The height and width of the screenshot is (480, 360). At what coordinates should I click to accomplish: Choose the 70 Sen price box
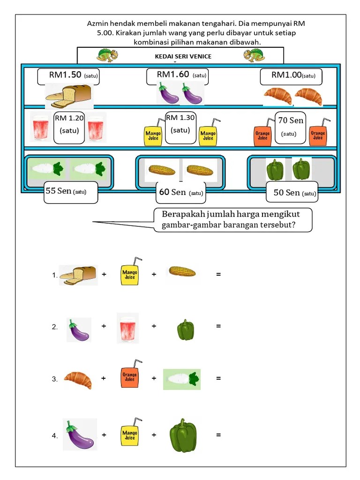[290, 127]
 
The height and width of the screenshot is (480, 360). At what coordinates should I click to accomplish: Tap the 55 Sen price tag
[71, 192]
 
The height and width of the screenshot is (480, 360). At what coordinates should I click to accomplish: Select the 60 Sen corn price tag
[181, 192]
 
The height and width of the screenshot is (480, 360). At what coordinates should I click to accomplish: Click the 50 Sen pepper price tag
[292, 193]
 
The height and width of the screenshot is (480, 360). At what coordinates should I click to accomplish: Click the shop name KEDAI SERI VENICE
[183, 57]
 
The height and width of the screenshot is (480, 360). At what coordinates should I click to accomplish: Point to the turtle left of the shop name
[107, 55]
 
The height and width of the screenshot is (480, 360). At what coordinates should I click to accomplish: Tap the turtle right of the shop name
[255, 55]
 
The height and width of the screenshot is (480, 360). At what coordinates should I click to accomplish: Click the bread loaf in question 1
[78, 275]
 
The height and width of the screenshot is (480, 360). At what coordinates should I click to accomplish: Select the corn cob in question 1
[182, 272]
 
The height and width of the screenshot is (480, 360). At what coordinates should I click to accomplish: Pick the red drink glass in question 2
[127, 328]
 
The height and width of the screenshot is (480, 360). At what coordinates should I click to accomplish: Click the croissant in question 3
[78, 379]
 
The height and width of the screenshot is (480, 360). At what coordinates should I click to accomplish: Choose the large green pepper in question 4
[183, 435]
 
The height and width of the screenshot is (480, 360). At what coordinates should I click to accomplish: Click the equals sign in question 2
[218, 326]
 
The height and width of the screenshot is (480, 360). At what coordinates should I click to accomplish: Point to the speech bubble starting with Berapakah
[233, 220]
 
